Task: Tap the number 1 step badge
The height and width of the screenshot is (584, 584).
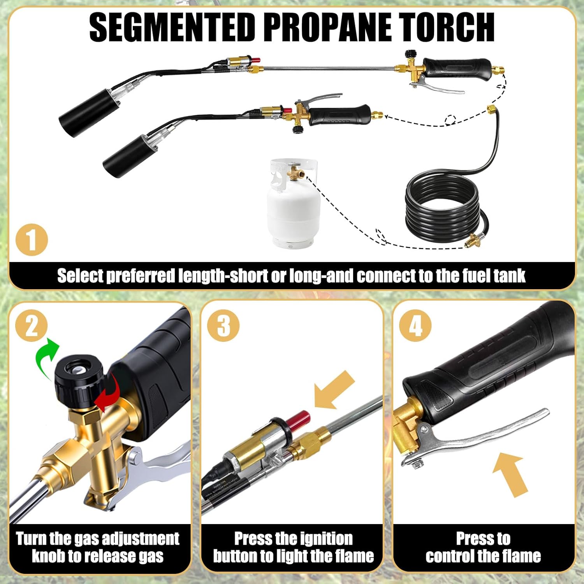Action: coord(32,240)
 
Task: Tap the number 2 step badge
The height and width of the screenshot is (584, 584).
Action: coord(32,325)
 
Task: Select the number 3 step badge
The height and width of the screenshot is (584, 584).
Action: coord(223,325)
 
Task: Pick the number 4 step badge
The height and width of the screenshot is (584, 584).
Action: coord(415,325)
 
